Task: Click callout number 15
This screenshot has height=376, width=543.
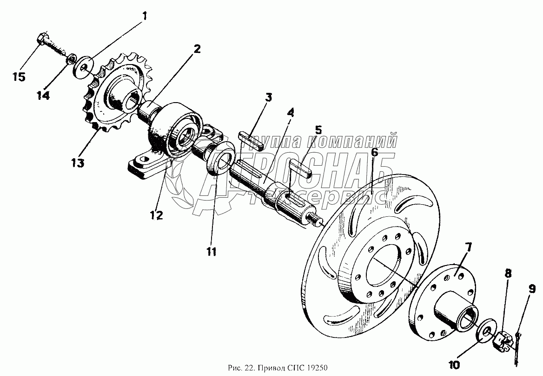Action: (19, 77)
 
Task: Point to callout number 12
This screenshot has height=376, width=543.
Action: (156, 215)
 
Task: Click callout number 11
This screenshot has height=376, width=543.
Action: (212, 252)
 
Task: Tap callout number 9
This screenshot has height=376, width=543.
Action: (531, 289)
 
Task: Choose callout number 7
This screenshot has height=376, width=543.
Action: (468, 247)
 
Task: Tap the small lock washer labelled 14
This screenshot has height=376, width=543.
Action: (72, 59)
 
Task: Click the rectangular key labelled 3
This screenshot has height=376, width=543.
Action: (252, 140)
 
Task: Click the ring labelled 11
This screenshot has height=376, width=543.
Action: (219, 157)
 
